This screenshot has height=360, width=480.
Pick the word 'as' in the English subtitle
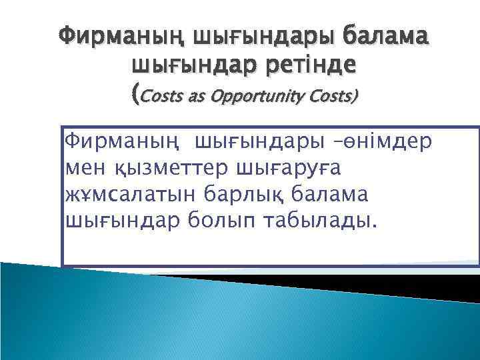point(198,97)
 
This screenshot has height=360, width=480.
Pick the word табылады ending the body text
point(325,221)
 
